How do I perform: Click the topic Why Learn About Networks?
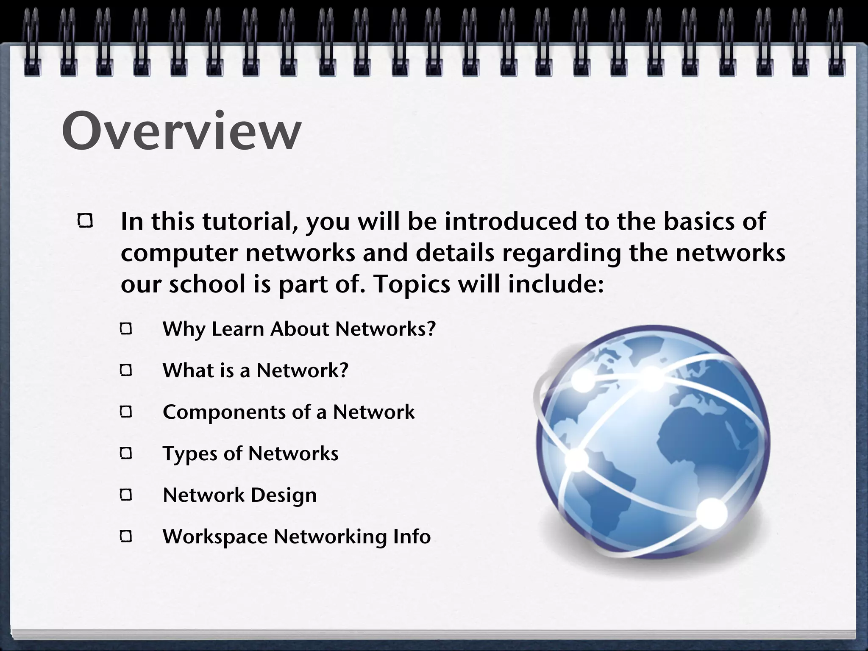pyautogui.click(x=299, y=329)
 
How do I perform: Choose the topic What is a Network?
pyautogui.click(x=255, y=370)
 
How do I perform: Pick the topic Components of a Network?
pyautogui.click(x=289, y=412)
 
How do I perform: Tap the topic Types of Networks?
pyautogui.click(x=250, y=453)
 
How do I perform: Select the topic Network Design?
pyautogui.click(x=239, y=495)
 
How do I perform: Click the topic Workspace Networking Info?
pyautogui.click(x=297, y=537)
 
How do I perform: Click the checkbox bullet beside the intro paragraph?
pyautogui.click(x=85, y=221)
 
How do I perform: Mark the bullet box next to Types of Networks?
pyautogui.click(x=126, y=454)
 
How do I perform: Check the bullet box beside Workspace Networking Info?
pyautogui.click(x=126, y=537)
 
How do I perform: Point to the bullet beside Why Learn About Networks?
pyautogui.click(x=126, y=329)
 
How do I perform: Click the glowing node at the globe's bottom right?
pyautogui.click(x=712, y=513)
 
